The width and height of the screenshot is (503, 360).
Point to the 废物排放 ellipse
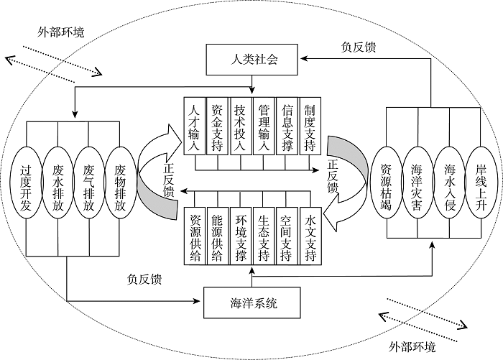coord(120,180)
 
